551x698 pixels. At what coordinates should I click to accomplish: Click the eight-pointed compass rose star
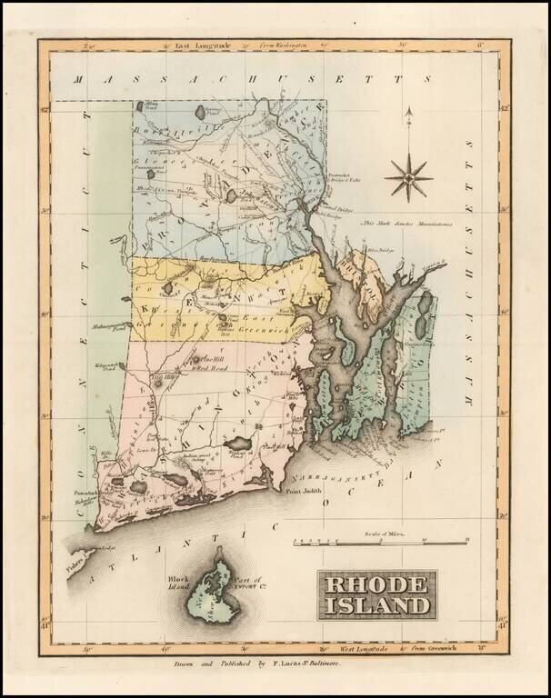coord(408,177)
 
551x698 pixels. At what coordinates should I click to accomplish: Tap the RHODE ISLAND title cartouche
coord(376,595)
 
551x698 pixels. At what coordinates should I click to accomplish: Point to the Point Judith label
coord(306,492)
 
